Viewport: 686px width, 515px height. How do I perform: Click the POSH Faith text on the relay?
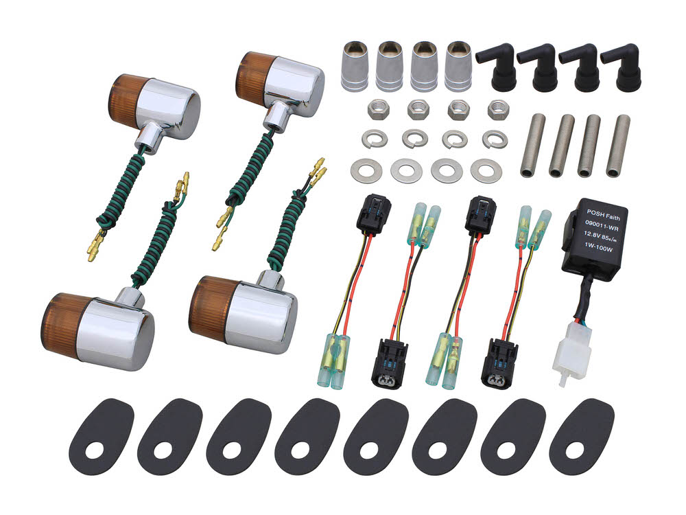pyautogui.click(x=603, y=215)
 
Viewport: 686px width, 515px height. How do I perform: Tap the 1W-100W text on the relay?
pyautogui.click(x=598, y=249)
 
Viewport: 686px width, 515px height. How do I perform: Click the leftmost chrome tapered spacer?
pyautogui.click(x=355, y=66)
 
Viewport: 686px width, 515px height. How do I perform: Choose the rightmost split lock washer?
pyautogui.click(x=495, y=139)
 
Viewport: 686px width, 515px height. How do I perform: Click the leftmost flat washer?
pyautogui.click(x=366, y=170)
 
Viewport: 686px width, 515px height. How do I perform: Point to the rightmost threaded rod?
pyautogui.click(x=618, y=146)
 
